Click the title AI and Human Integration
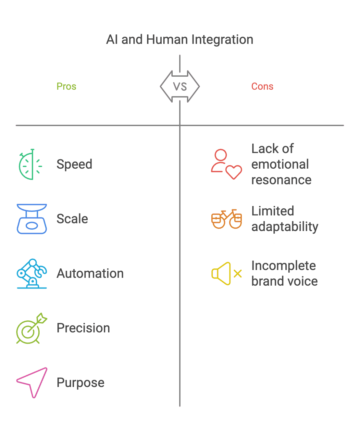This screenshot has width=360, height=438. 180,39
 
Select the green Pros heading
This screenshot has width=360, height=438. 67,86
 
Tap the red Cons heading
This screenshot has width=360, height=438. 262,86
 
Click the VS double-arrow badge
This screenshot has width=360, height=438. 180,86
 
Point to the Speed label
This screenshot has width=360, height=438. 74,164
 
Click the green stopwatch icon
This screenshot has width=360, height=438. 31,164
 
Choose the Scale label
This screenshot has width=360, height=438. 72,219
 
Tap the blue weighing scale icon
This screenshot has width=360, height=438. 32,219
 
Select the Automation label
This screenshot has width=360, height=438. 90,274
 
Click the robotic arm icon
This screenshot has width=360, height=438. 32,274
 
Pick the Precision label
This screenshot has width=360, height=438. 83,328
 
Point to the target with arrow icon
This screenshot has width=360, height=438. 32,328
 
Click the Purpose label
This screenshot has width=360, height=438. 81,383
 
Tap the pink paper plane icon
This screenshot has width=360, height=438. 32,383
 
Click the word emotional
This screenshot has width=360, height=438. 280,164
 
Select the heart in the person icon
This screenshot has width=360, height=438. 234,172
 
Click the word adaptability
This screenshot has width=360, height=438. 285,226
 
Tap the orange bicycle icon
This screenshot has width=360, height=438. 227,219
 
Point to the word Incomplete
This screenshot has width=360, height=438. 284,266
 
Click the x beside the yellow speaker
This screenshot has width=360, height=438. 238,274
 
